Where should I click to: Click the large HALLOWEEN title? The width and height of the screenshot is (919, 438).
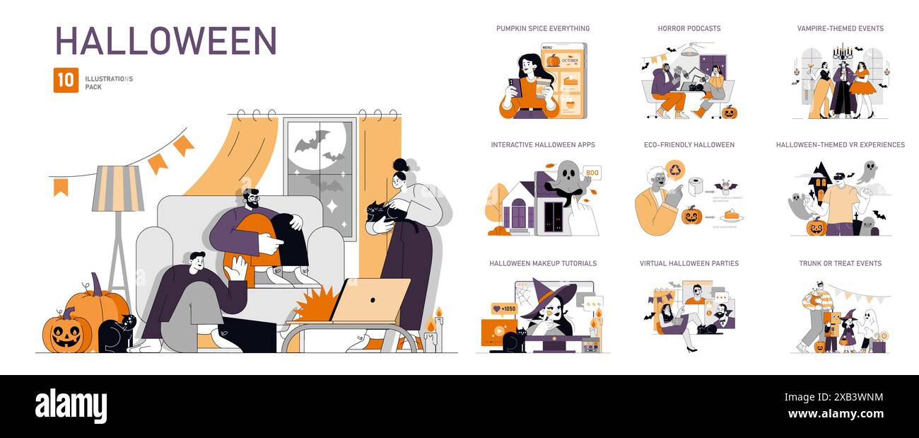tap(166, 41)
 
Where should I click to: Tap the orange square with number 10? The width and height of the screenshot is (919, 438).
tap(66, 80)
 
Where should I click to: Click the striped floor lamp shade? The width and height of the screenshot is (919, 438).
tap(118, 188)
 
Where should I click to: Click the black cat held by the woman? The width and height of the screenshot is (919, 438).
tap(382, 215)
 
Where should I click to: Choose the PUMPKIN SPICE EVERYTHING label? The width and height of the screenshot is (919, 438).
tap(542, 28)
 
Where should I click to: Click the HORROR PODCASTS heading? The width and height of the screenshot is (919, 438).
tap(689, 28)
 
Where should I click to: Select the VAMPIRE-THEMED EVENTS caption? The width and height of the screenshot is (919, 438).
tap(840, 28)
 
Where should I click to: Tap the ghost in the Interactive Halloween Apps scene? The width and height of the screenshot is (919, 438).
tap(568, 180)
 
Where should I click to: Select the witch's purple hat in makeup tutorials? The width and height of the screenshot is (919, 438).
tap(553, 292)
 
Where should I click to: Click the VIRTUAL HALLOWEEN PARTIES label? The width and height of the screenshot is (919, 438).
tap(689, 263)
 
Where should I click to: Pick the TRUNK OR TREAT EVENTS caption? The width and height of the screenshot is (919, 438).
tap(840, 263)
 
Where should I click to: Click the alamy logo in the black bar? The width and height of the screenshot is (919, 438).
tap(71, 406)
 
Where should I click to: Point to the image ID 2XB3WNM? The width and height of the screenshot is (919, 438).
tap(853, 397)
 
